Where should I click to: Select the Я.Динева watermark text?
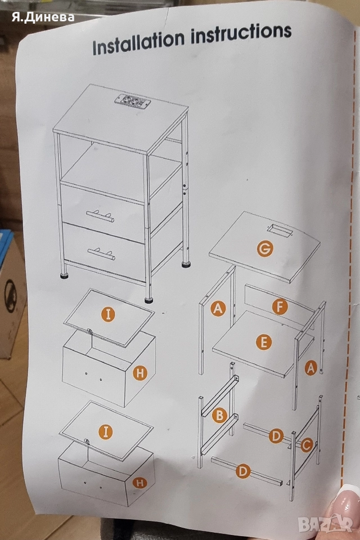tap(42, 17)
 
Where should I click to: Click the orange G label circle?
tap(265, 249)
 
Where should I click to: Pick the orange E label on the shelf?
tap(262, 341)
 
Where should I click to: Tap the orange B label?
tap(219, 416)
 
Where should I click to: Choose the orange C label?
tap(307, 445)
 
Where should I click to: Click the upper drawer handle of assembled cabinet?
tap(101, 215)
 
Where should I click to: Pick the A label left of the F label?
tap(218, 308)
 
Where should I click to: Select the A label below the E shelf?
tap(310, 368)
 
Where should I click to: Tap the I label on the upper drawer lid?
tap(108, 314)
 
